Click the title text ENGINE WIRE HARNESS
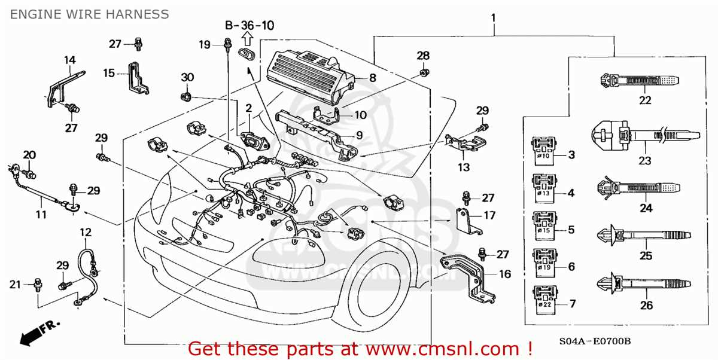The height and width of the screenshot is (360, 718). (89, 13)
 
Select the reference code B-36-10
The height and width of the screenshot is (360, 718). (250, 25)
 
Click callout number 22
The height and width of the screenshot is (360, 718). (644, 100)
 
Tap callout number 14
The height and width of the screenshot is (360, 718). (71, 59)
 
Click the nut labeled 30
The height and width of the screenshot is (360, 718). (185, 96)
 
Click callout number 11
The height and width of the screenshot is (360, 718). (41, 213)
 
